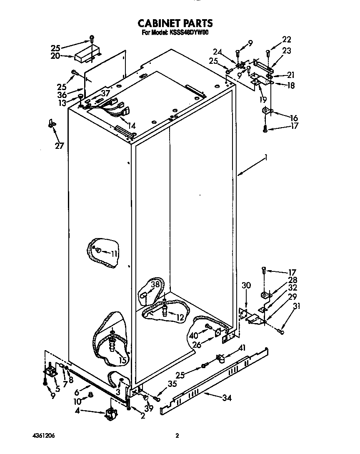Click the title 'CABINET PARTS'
[175, 23]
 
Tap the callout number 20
[55, 56]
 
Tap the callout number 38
[155, 285]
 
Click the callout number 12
[180, 317]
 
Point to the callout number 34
[227, 398]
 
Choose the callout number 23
[287, 51]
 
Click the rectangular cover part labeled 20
[89, 51]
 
